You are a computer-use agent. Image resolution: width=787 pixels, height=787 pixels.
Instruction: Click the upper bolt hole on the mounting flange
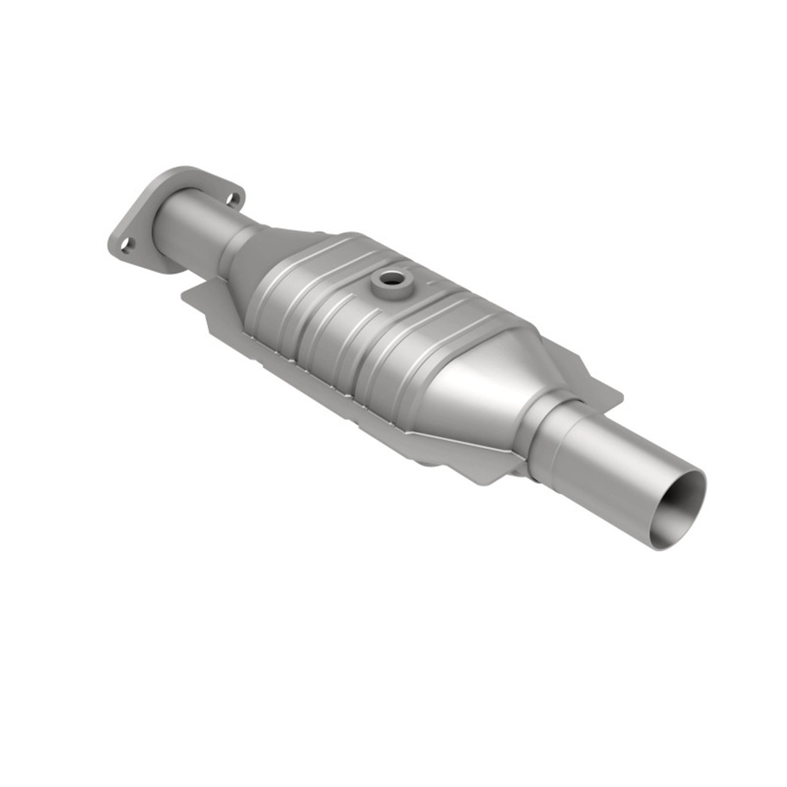232,199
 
